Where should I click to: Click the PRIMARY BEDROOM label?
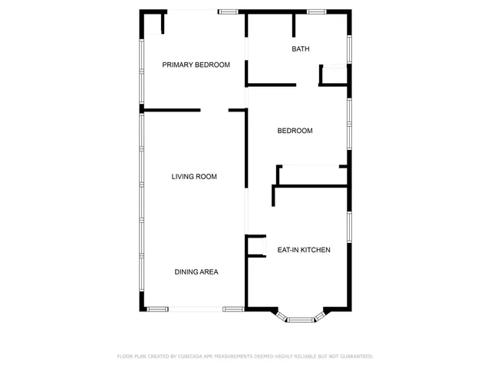[x=196, y=65]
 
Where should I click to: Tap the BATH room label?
[x=301, y=49]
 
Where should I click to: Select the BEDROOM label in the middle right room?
[x=295, y=131]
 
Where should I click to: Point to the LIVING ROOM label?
[x=193, y=177]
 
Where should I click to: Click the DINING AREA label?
[x=196, y=272]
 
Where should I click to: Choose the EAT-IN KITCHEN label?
[x=304, y=250]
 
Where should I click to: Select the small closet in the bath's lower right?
[x=334, y=75]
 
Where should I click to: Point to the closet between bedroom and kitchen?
[x=310, y=175]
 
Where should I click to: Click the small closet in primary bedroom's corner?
[x=153, y=23]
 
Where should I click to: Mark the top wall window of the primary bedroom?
[x=228, y=12]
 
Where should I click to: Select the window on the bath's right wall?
[x=350, y=49]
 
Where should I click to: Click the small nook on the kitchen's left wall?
[x=255, y=245]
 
